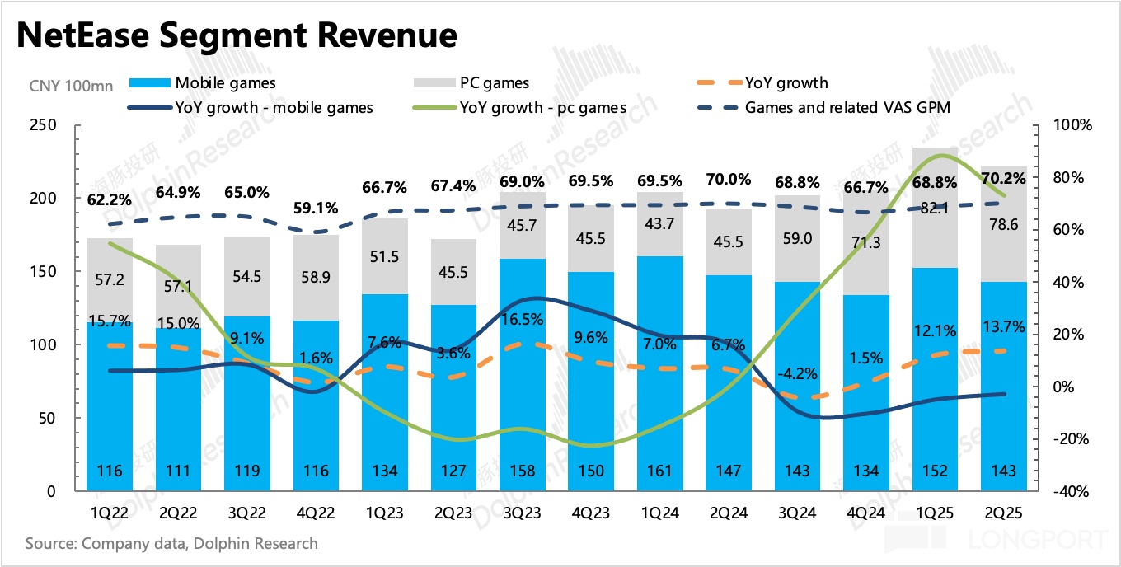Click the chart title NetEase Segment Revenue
pyautogui.click(x=236, y=35)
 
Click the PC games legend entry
pyautogui.click(x=495, y=82)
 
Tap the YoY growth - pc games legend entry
pyautogui.click(x=543, y=107)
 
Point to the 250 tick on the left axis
pyautogui.click(x=43, y=125)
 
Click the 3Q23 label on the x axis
pyautogui.click(x=523, y=513)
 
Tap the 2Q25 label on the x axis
pyautogui.click(x=1003, y=513)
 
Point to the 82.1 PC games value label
pyautogui.click(x=935, y=209)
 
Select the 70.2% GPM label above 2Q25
pyautogui.click(x=1003, y=177)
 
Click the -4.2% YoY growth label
pyautogui.click(x=797, y=373)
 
